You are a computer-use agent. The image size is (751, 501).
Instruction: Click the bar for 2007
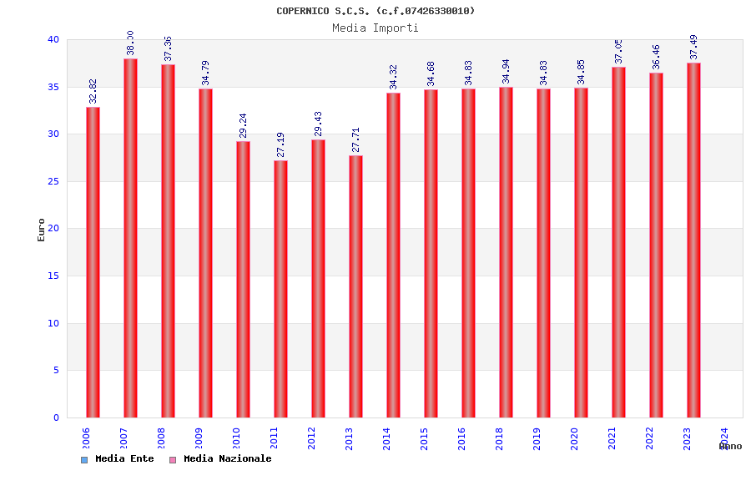click(130, 238)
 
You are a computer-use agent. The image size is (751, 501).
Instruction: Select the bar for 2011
click(280, 289)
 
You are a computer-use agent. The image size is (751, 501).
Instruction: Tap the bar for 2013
click(355, 286)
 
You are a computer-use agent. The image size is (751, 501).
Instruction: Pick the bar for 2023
click(693, 240)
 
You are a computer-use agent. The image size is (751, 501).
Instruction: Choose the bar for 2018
click(506, 252)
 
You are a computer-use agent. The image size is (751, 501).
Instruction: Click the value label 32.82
click(93, 91)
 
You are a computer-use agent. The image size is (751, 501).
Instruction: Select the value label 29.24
click(244, 125)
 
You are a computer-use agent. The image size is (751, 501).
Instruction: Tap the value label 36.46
click(657, 57)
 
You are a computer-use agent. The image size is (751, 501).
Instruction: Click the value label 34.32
click(394, 77)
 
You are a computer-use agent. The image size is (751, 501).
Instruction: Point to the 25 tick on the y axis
click(53, 181)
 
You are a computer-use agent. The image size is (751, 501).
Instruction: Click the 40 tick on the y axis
click(53, 39)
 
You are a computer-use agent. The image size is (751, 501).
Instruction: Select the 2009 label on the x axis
click(199, 438)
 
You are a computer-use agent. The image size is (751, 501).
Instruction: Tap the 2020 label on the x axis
click(574, 438)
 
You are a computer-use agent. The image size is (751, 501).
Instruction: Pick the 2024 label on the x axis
click(724, 438)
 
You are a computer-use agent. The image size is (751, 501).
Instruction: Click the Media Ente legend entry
click(118, 459)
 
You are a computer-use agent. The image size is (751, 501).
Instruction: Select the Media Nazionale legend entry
click(220, 459)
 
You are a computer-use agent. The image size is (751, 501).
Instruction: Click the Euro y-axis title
click(42, 230)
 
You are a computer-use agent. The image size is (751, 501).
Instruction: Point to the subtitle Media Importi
click(375, 28)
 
